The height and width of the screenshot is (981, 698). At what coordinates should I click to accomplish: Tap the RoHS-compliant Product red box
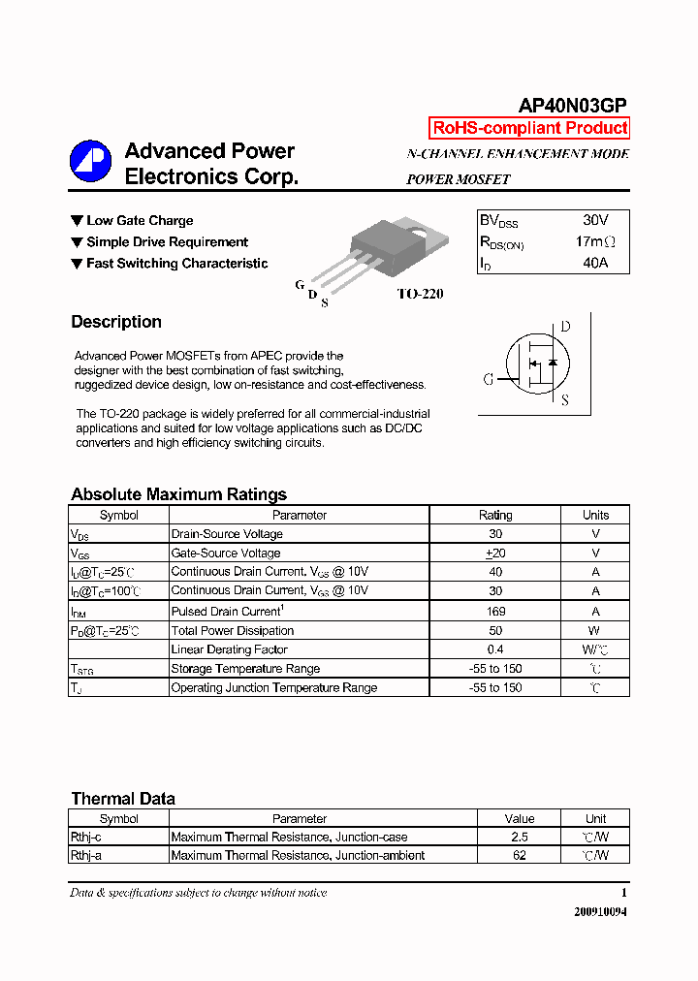[x=529, y=128]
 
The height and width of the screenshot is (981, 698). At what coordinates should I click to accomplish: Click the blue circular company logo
[x=90, y=162]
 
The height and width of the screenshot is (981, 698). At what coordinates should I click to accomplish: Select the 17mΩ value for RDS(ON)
[x=595, y=241]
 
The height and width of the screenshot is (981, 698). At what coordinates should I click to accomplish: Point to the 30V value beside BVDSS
[x=595, y=220]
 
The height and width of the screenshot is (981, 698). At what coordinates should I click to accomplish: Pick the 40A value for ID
[x=595, y=263]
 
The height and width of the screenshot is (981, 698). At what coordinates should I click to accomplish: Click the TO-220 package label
[x=420, y=294]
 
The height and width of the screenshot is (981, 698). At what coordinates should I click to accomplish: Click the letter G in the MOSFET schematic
[x=489, y=379]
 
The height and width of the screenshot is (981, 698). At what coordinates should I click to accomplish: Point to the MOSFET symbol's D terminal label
[x=565, y=327]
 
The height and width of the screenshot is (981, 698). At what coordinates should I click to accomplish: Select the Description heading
[x=116, y=322]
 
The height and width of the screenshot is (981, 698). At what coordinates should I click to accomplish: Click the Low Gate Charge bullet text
[x=140, y=221]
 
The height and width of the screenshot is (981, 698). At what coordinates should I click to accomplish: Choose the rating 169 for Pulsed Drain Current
[x=495, y=612]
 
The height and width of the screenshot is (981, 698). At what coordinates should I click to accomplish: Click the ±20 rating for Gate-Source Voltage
[x=495, y=554]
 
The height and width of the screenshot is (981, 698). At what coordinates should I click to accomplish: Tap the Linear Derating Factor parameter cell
[x=229, y=649]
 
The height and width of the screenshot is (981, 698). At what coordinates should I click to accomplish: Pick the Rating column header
[x=495, y=516]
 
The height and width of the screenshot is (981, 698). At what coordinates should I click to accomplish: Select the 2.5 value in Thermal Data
[x=520, y=837]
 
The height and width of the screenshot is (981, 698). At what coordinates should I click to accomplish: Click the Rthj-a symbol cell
[x=86, y=855]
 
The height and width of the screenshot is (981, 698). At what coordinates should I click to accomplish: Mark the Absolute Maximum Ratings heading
[x=178, y=494]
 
